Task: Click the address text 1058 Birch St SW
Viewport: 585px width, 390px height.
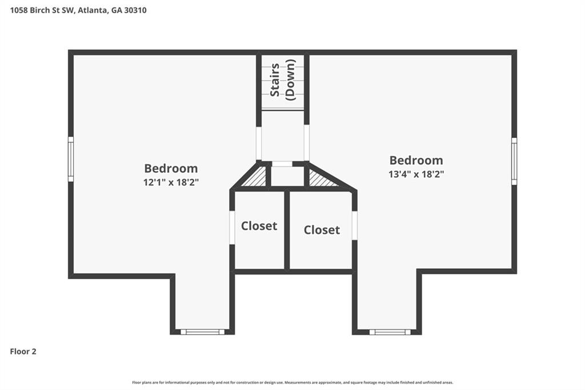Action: pos(38,10)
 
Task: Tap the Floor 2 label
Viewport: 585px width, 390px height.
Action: pos(23,352)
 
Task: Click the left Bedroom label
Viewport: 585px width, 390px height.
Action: pos(171,168)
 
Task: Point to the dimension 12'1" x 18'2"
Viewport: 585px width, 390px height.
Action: pos(171,182)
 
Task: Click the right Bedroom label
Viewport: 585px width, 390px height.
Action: pos(416,160)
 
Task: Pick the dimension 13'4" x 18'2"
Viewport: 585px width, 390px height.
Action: pos(416,174)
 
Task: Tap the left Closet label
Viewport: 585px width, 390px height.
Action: pos(259,226)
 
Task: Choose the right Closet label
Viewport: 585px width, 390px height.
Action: pos(322,230)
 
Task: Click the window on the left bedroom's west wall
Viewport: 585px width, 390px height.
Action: pos(71,159)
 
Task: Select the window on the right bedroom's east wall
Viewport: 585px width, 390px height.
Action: pos(514,161)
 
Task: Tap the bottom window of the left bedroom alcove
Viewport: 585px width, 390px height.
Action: pos(203,332)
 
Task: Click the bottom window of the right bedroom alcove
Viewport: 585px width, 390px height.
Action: pos(390,332)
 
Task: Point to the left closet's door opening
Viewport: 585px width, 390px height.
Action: pos(232,228)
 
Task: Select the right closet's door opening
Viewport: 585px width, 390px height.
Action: pos(354,225)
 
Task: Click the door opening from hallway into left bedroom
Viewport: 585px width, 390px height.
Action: pos(259,143)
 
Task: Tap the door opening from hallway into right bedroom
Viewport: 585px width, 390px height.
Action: pos(307,143)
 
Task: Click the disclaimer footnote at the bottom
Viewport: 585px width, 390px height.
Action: pos(292,383)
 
